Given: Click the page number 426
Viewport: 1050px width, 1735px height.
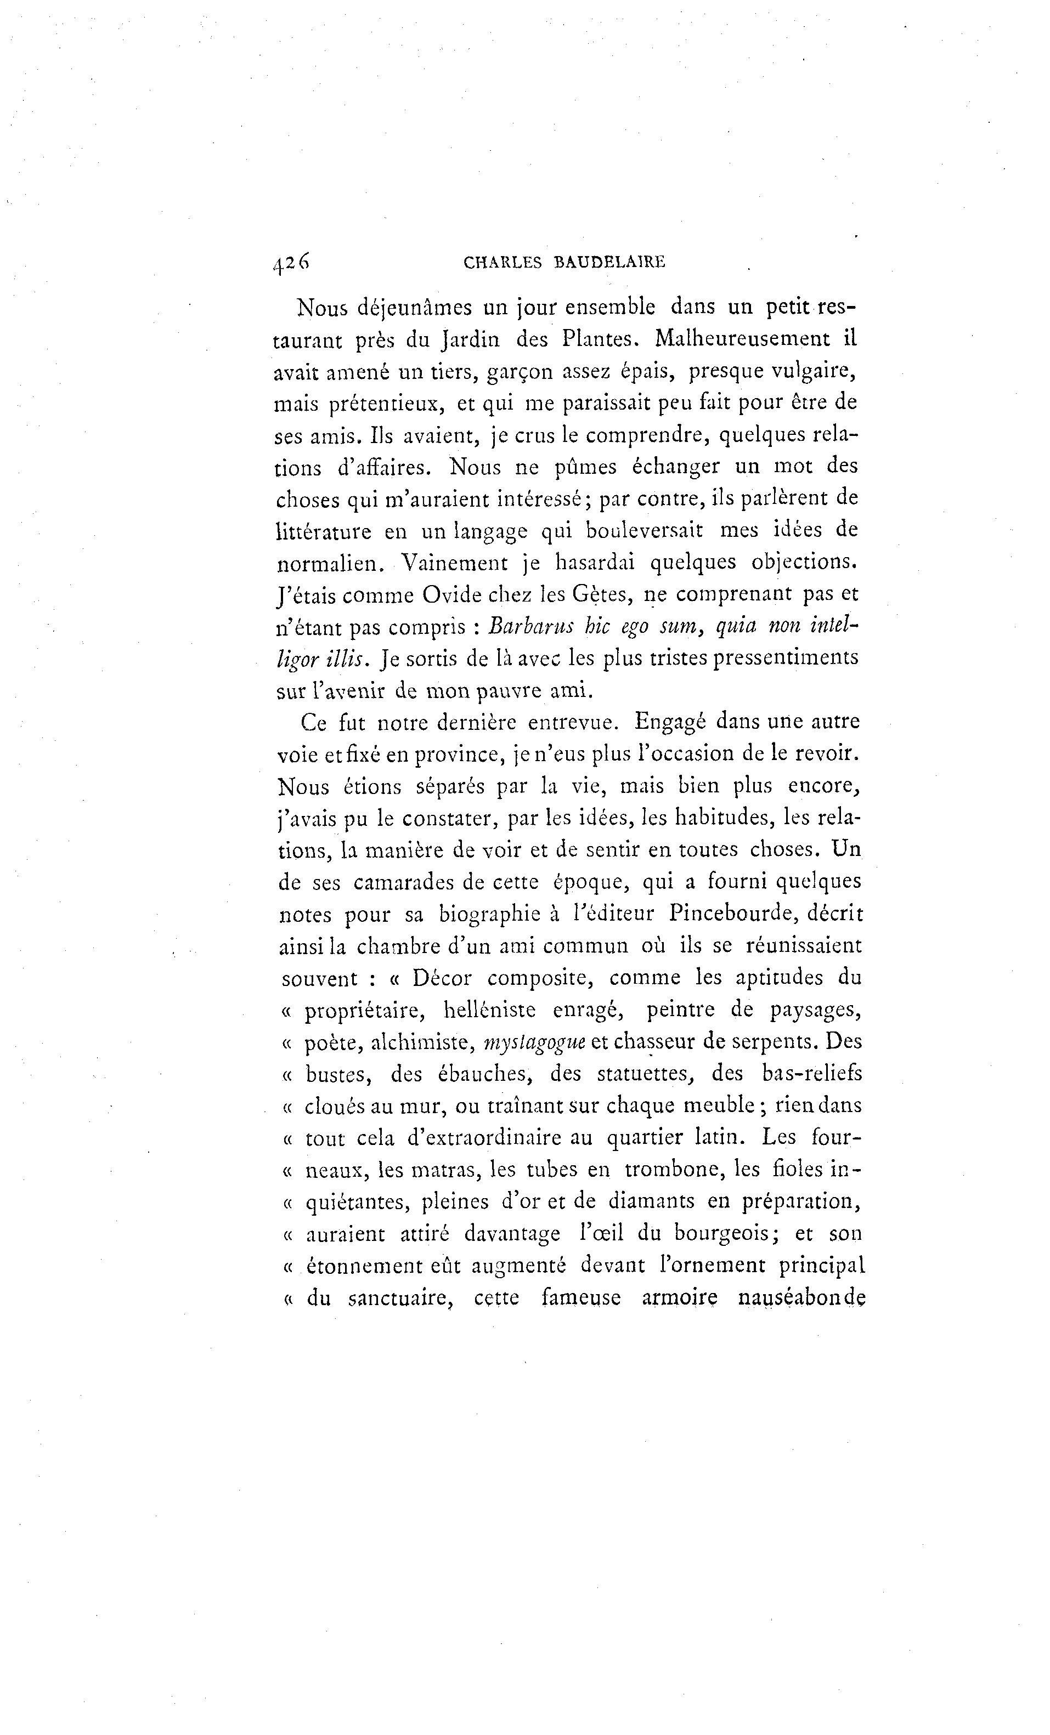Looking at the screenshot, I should (x=291, y=263).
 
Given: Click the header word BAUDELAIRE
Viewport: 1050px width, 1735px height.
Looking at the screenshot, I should (x=610, y=263).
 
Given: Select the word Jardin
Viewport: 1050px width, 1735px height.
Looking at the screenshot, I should (x=471, y=339).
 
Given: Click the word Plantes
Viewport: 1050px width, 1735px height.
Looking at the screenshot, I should (x=599, y=339).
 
